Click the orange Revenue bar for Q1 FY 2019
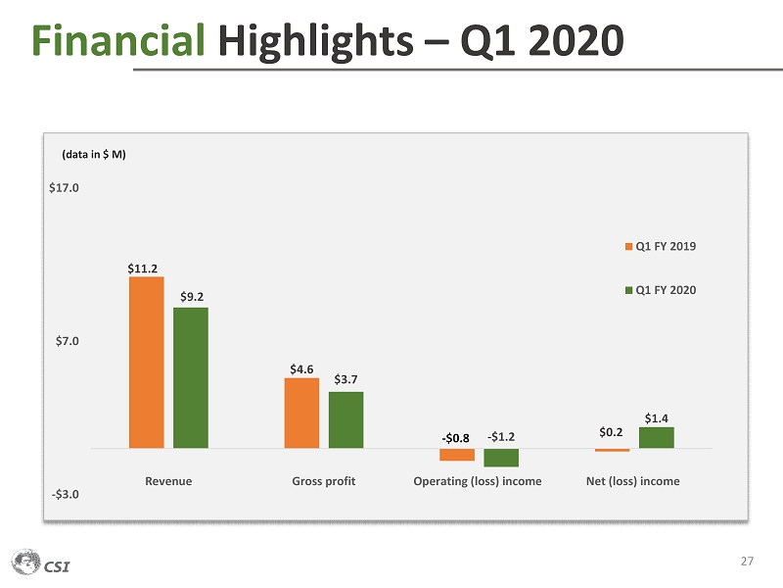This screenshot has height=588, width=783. click(146, 362)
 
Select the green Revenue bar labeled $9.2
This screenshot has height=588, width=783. click(191, 377)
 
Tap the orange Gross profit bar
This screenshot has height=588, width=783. click(301, 413)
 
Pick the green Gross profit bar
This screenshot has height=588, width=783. click(345, 419)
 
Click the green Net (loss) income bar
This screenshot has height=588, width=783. click(657, 438)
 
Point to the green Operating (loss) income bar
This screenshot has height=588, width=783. click(501, 458)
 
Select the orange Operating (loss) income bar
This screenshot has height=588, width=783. click(457, 455)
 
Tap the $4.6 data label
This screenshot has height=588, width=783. click(301, 368)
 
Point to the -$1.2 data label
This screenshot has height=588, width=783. click(502, 436)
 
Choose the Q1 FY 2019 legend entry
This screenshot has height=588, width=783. click(661, 246)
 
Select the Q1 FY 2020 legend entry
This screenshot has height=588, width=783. click(661, 289)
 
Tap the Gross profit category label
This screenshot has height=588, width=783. click(323, 481)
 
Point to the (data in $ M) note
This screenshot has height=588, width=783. click(95, 154)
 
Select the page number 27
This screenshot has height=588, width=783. click(747, 562)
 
